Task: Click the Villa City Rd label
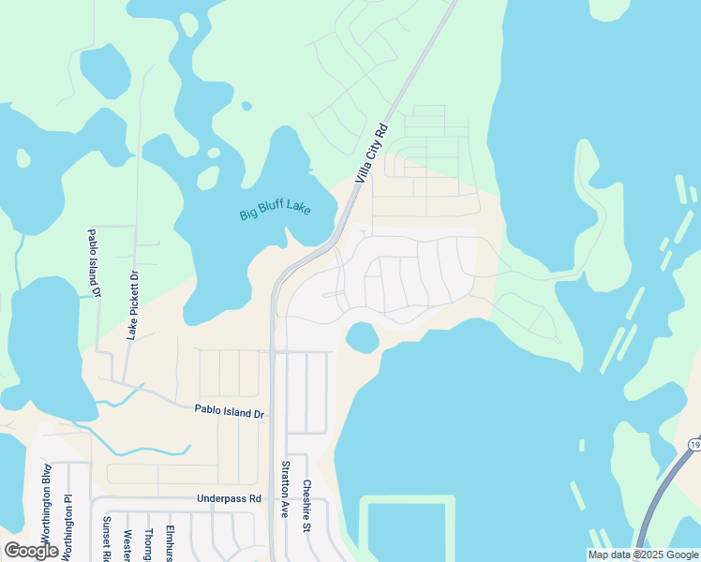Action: click(x=371, y=154)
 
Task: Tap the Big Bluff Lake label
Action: click(x=275, y=206)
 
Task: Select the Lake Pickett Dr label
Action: click(x=133, y=305)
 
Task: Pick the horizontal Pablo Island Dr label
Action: click(x=231, y=411)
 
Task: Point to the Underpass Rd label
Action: click(x=229, y=498)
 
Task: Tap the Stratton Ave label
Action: click(x=285, y=490)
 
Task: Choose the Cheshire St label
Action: click(x=306, y=506)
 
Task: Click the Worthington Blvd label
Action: click(x=45, y=495)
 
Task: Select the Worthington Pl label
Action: click(x=67, y=525)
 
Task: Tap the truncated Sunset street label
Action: click(x=107, y=538)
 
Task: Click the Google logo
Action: click(x=32, y=551)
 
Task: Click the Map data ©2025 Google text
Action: click(x=644, y=555)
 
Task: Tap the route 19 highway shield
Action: click(x=694, y=443)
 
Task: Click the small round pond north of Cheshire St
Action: click(x=362, y=336)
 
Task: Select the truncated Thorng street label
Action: click(x=149, y=544)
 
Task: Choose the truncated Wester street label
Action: click(x=127, y=544)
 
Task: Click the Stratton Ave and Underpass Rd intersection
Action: click(x=273, y=498)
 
